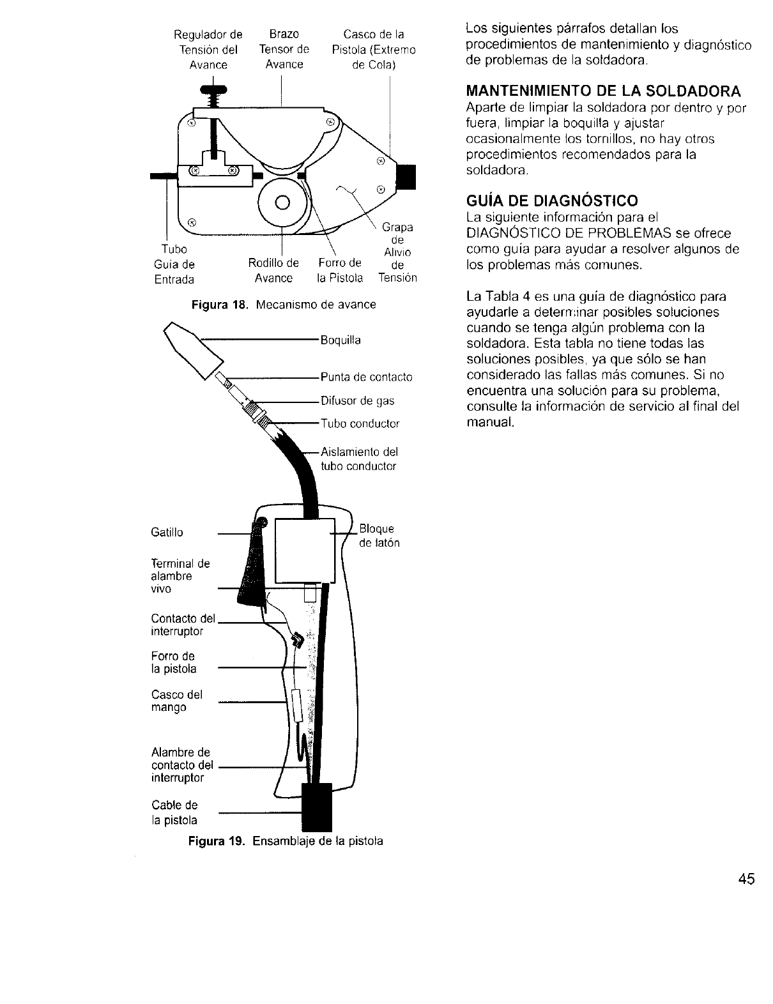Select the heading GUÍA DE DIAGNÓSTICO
[x=552, y=201]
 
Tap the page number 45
[x=744, y=879]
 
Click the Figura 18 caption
[x=284, y=305]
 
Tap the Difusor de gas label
[x=357, y=401]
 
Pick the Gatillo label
[x=167, y=532]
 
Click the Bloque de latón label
[x=379, y=536]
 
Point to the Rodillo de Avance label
[x=273, y=271]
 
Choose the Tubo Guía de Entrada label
[x=174, y=264]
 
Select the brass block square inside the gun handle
[x=305, y=550]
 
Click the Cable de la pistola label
[x=174, y=812]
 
